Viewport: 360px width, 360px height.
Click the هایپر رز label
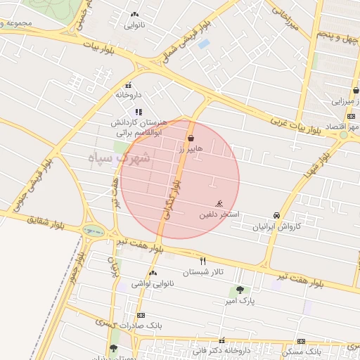(x=191, y=149)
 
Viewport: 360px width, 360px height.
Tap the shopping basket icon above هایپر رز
(x=191, y=139)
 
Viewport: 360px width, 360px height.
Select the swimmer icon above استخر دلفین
(x=220, y=204)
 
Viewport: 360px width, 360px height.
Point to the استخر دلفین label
(x=220, y=213)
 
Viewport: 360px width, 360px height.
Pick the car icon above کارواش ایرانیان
(x=277, y=215)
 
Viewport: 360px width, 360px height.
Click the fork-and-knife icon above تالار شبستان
(x=203, y=261)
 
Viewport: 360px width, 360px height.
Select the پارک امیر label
(x=238, y=301)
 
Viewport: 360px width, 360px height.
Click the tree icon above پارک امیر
(x=240, y=289)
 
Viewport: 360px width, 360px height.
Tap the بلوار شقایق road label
(x=31, y=220)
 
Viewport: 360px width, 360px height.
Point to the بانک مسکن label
(x=304, y=349)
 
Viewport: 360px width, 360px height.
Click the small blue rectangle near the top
(x=204, y=44)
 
